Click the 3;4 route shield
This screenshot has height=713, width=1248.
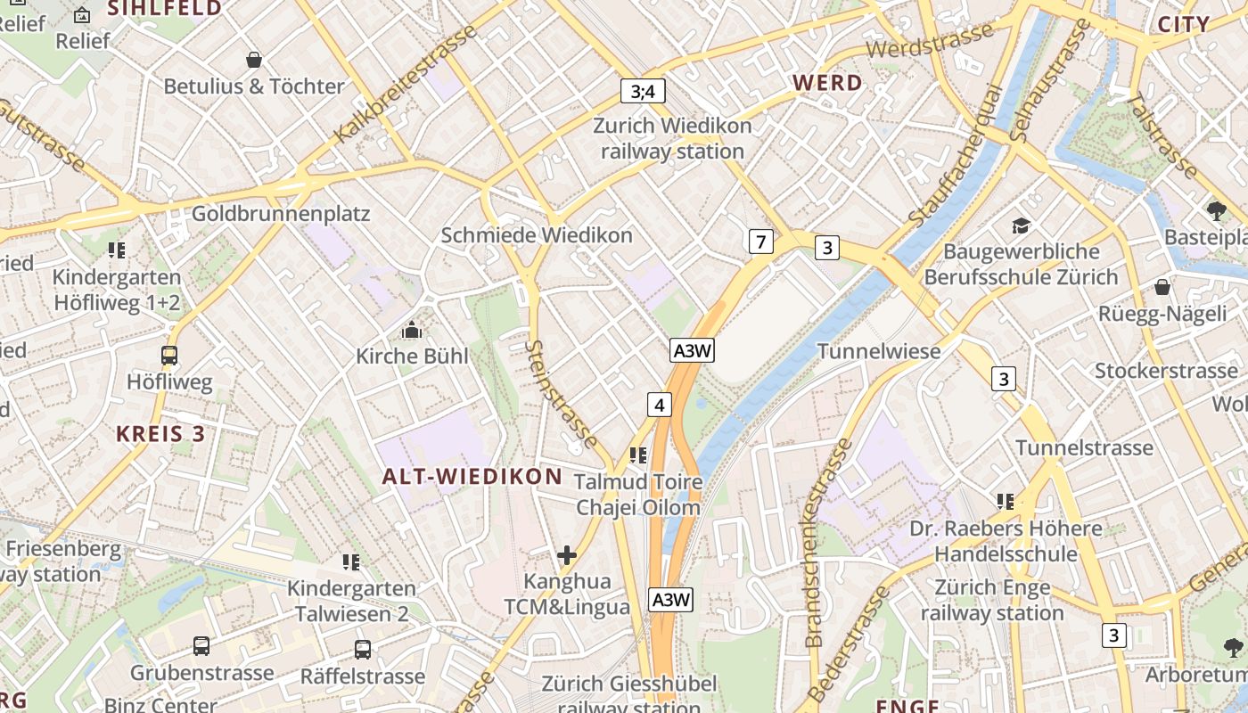(643, 91)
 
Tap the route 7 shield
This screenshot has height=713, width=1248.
(759, 241)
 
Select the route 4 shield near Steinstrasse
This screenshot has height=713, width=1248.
(659, 405)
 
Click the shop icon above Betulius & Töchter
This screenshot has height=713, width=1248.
(254, 60)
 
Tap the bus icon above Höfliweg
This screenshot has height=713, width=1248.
(169, 356)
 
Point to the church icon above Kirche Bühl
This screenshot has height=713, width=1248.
(411, 331)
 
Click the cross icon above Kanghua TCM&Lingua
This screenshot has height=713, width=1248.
(567, 556)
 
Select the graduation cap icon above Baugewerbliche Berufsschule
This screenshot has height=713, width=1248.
(1021, 226)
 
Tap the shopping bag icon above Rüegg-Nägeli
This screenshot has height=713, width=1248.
(1162, 287)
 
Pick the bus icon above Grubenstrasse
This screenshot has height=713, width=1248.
(201, 646)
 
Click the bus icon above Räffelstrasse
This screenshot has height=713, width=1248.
(362, 650)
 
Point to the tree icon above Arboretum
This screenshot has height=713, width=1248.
(1233, 648)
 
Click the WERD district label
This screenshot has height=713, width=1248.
(827, 84)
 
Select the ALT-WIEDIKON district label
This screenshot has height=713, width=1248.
(472, 477)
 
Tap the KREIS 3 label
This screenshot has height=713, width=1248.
(160, 434)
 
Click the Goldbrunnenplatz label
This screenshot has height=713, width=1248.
(281, 214)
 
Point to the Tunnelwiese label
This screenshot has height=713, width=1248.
(879, 351)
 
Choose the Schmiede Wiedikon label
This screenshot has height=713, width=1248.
(537, 235)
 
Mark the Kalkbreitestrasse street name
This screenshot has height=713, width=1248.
(406, 86)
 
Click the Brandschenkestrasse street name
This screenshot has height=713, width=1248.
(827, 544)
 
